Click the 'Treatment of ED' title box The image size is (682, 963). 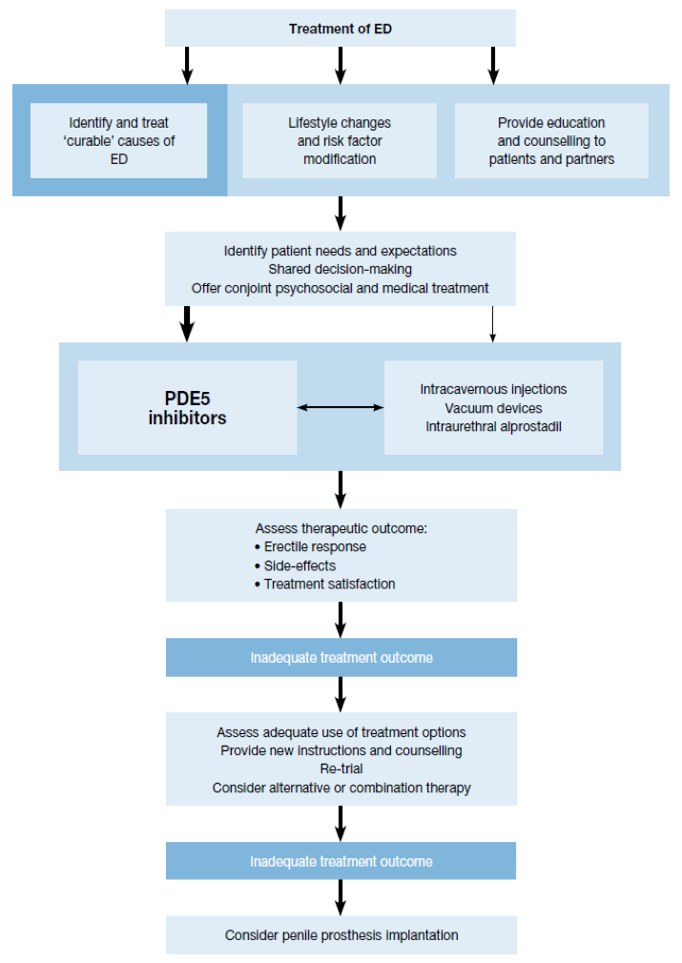pyautogui.click(x=341, y=29)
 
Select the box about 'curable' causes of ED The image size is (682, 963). pyautogui.click(x=118, y=141)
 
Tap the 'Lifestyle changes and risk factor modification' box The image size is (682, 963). pyautogui.click(x=340, y=141)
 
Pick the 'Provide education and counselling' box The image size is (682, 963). pyautogui.click(x=551, y=141)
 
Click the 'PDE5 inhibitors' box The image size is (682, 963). pyautogui.click(x=187, y=408)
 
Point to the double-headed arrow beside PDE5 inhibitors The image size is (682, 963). pyautogui.click(x=341, y=407)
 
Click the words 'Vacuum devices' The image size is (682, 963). pyautogui.click(x=493, y=408)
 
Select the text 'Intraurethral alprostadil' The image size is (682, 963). pyautogui.click(x=493, y=427)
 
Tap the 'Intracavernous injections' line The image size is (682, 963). pyautogui.click(x=493, y=389)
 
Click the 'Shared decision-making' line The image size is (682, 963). pyautogui.click(x=340, y=269)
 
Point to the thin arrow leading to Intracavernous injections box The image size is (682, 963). pyautogui.click(x=492, y=323)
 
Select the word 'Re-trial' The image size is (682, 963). pyautogui.click(x=341, y=768)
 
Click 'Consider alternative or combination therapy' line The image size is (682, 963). pyautogui.click(x=341, y=788)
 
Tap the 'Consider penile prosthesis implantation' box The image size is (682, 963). pyautogui.click(x=341, y=934)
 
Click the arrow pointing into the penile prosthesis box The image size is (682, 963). pyautogui.click(x=341, y=897)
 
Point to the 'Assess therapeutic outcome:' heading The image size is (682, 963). pyautogui.click(x=341, y=528)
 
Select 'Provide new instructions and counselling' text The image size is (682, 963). pyautogui.click(x=341, y=750)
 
